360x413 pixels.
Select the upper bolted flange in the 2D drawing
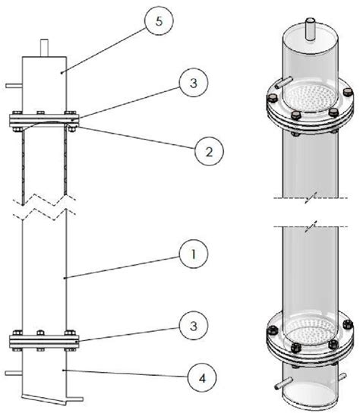coord(43,119)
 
